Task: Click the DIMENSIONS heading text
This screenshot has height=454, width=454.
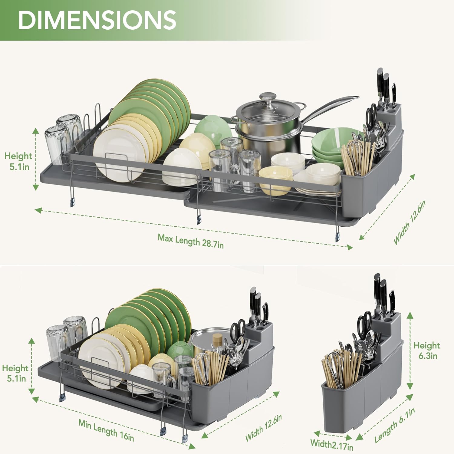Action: click(97, 20)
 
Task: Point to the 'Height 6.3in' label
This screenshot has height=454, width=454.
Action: click(427, 350)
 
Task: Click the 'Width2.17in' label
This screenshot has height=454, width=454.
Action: click(332, 444)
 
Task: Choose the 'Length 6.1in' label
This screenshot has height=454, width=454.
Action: click(395, 425)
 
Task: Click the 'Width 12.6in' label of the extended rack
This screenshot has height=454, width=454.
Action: click(410, 222)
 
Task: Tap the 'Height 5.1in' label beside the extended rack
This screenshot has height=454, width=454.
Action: click(18, 161)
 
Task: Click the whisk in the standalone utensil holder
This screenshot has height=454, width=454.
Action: click(334, 368)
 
